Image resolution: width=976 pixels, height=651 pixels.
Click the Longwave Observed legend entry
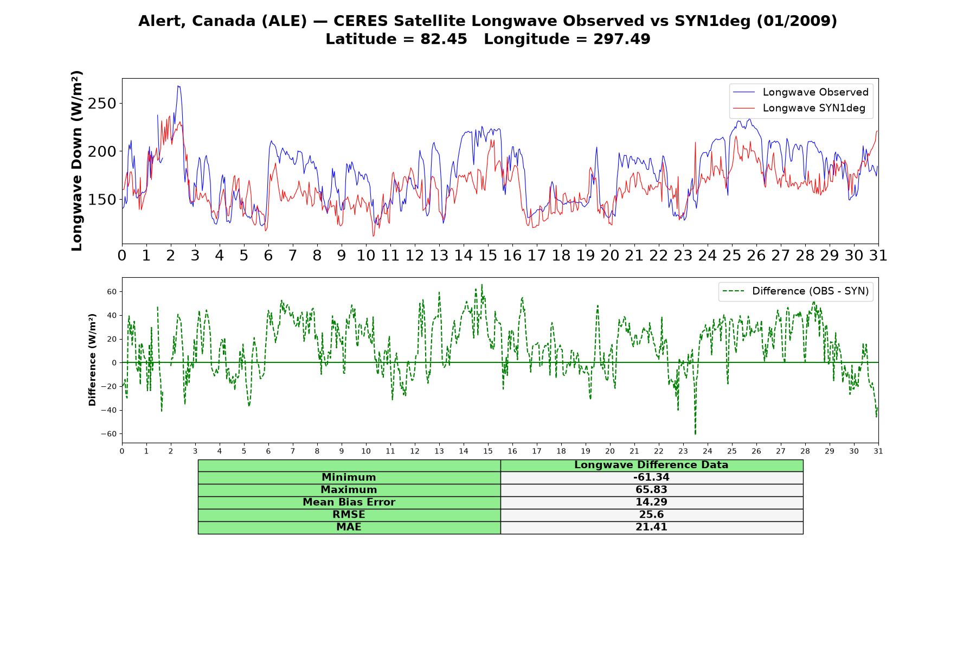[x=800, y=92]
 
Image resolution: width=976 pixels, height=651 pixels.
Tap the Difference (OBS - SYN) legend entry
[x=795, y=291]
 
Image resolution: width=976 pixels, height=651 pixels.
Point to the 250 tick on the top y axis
[x=102, y=104]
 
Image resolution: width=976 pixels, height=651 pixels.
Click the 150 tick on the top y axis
[x=102, y=200]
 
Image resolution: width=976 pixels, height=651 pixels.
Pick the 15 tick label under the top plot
[x=487, y=255]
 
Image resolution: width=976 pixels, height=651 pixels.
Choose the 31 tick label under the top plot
[x=878, y=255]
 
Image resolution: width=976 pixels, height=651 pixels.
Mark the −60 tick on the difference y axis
[x=108, y=434]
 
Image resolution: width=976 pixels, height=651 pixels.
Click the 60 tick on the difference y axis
[x=112, y=292]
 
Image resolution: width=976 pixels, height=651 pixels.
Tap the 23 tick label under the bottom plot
[x=683, y=451]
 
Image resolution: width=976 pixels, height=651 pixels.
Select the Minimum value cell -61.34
[x=651, y=477]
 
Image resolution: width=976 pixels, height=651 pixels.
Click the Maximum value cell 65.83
[x=651, y=490]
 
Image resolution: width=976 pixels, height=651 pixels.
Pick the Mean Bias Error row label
[x=349, y=502]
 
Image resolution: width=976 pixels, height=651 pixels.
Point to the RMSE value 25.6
[x=651, y=515]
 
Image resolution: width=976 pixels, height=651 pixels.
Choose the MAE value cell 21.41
[x=651, y=527]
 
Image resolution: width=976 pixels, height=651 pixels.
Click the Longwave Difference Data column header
[x=651, y=465]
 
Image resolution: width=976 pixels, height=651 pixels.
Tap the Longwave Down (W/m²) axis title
[x=77, y=161]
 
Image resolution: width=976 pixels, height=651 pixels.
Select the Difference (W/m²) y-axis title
[x=92, y=360]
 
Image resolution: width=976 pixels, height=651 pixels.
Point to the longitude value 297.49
[x=622, y=39]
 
